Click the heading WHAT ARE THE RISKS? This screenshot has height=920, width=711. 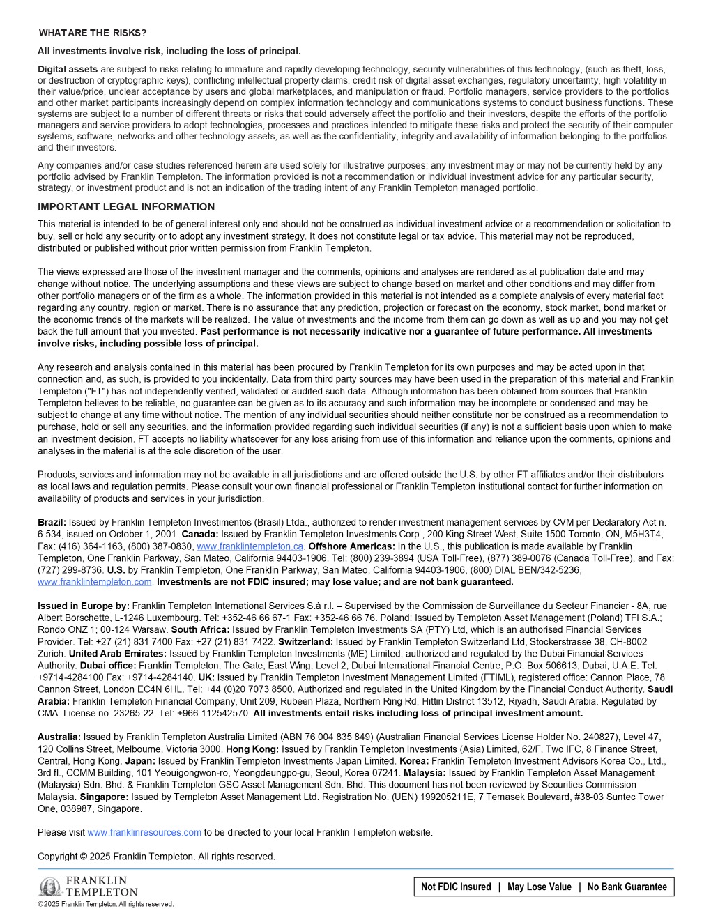click(x=93, y=33)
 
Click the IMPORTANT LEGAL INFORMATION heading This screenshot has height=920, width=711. click(x=126, y=207)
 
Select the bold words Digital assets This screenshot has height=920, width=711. click(x=68, y=70)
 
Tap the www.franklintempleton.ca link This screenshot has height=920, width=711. click(x=250, y=546)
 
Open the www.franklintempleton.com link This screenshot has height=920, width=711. click(x=95, y=582)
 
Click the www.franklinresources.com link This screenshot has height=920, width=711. click(x=144, y=832)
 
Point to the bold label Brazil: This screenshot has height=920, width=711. click(x=52, y=522)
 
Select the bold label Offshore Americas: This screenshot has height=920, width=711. click(x=351, y=546)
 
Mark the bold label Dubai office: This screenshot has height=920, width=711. click(x=107, y=666)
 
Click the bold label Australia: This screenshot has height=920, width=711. click(x=59, y=737)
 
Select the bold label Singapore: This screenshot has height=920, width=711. click(x=104, y=797)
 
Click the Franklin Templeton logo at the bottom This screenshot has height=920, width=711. click(x=88, y=887)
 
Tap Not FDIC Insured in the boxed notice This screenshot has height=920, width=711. click(x=456, y=887)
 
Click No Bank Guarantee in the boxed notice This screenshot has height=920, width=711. click(x=627, y=887)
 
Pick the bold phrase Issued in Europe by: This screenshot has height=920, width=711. click(x=84, y=606)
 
